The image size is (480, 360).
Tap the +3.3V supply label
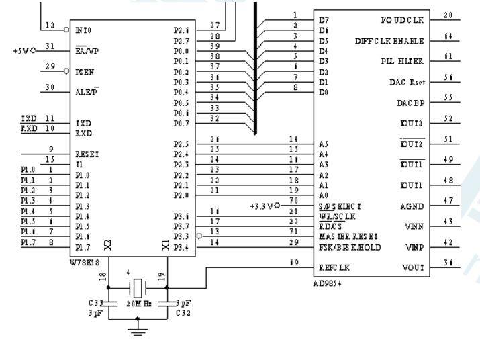pos(260,206)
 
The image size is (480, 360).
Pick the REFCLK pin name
pos(335,266)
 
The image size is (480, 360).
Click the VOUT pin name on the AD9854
pos(411,266)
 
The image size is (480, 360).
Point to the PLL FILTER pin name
pos(402,61)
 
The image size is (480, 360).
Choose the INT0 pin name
pos(85,30)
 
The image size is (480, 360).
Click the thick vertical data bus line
pos(255,67)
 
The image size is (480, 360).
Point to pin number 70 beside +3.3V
pos(293,199)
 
